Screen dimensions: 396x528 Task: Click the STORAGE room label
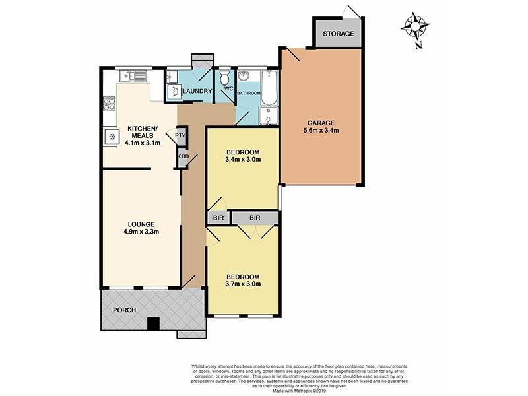339,34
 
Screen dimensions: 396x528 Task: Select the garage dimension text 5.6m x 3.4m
321,131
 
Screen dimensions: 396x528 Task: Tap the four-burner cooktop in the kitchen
109,104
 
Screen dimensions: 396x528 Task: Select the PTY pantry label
180,136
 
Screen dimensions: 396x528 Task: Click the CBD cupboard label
182,157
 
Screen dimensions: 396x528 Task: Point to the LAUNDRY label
197,92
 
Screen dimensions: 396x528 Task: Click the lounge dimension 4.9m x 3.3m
140,231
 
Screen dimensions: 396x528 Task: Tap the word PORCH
123,310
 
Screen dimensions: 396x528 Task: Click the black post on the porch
153,323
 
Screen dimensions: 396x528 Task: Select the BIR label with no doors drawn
217,217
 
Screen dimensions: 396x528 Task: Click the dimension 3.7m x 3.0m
243,284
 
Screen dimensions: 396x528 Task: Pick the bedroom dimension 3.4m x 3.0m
243,159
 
